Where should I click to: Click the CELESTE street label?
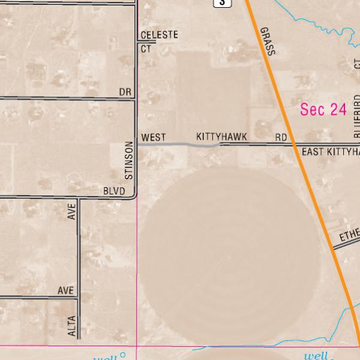click(x=159, y=35)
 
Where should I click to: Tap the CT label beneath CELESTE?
click(x=146, y=49)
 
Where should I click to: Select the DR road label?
click(x=125, y=92)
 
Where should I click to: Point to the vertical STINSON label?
click(x=128, y=160)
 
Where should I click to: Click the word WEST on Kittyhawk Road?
click(x=153, y=138)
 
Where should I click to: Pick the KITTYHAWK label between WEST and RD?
click(x=221, y=137)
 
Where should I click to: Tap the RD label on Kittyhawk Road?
click(x=281, y=138)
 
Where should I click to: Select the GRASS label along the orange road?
click(x=268, y=41)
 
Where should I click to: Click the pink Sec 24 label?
click(x=323, y=109)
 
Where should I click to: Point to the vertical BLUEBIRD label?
click(x=357, y=117)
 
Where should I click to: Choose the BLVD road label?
click(x=114, y=191)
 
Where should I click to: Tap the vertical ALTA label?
click(x=72, y=326)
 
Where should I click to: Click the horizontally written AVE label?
click(x=65, y=290)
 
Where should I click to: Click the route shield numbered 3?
click(x=223, y=2)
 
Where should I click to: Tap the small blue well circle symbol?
click(x=123, y=355)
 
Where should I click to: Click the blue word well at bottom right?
click(x=316, y=356)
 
